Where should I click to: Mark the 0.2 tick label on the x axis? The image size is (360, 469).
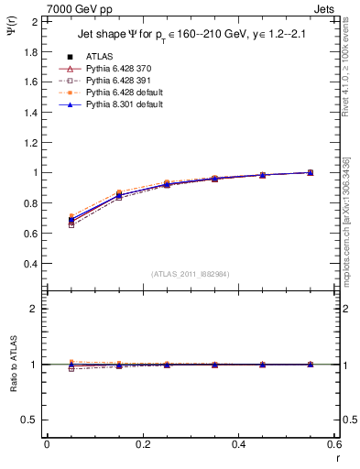pyautogui.click(x=143, y=444)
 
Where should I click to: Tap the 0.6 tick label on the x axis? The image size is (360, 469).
pyautogui.click(x=334, y=444)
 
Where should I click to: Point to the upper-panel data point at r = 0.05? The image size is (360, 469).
pyautogui.click(x=71, y=220)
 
